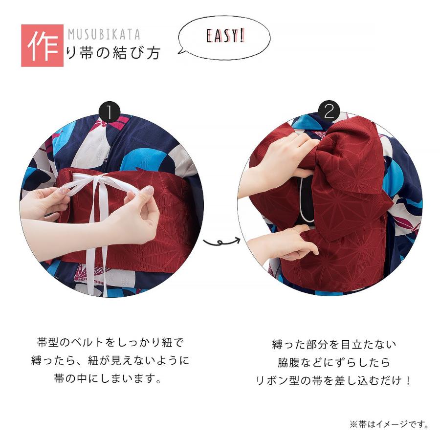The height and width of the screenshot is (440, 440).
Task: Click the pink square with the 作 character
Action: tap(42, 45)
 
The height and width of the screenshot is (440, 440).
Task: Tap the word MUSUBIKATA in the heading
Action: tap(104, 35)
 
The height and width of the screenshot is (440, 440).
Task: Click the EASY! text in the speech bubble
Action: tap(225, 37)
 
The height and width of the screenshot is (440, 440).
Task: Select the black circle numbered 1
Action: tap(110, 112)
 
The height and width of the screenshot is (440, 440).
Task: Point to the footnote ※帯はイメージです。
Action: tap(389, 424)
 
